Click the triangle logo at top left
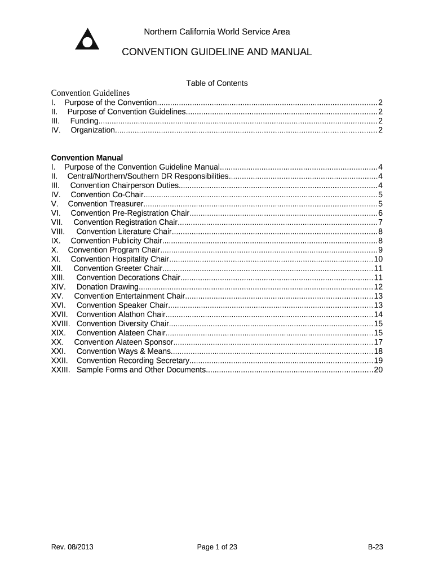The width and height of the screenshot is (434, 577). tap(87, 39)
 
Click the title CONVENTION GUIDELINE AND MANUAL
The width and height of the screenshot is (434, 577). tap(217, 52)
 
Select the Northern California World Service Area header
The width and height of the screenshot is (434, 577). tap(217, 32)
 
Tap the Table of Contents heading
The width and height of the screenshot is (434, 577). tap(217, 83)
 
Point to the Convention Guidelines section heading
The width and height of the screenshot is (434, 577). tap(90, 93)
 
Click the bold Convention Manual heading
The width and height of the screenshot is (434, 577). tap(87, 158)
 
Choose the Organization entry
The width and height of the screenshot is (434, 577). tap(92, 130)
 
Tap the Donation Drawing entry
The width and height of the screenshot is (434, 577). tap(107, 287)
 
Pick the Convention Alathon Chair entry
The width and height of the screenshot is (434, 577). tap(121, 314)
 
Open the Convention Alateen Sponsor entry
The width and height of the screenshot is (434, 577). tap(123, 342)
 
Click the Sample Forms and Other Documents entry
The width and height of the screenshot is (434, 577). tap(140, 370)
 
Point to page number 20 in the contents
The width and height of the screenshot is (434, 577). tap(378, 370)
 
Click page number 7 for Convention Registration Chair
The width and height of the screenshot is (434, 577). tap(380, 222)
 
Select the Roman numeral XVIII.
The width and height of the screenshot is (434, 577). tap(60, 323)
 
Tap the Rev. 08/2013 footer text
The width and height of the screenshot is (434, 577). tap(72, 547)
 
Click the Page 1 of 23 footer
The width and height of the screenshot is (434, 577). tap(217, 547)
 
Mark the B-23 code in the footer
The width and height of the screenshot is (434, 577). tap(375, 547)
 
